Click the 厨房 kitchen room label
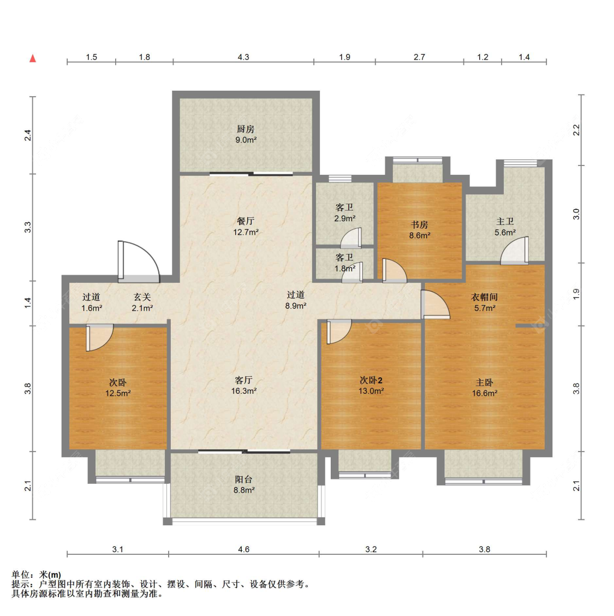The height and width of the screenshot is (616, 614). (x=246, y=129)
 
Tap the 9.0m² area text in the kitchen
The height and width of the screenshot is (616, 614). (x=246, y=140)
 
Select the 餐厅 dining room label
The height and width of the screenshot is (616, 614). (x=246, y=221)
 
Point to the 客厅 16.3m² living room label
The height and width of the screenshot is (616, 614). (x=244, y=386)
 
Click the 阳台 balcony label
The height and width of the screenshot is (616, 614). (x=243, y=479)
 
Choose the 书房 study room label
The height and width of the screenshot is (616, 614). (x=419, y=224)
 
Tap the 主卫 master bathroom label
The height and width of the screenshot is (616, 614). (x=505, y=222)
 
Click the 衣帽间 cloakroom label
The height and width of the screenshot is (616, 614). (x=485, y=297)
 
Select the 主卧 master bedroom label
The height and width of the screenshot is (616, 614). (x=485, y=382)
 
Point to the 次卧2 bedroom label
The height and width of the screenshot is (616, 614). (x=371, y=380)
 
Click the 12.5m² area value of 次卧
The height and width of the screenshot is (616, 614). (x=118, y=393)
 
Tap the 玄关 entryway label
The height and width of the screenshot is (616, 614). (x=142, y=297)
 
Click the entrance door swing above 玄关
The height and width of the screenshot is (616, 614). (x=139, y=262)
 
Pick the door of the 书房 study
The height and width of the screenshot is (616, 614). (x=395, y=271)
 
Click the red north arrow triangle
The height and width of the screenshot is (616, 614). (x=33, y=58)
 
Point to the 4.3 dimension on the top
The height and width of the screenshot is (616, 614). (x=243, y=57)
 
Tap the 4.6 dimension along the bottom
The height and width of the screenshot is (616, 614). (x=244, y=549)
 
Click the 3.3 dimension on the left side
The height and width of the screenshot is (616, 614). (x=27, y=228)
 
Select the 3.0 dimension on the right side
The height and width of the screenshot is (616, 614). (x=576, y=214)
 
